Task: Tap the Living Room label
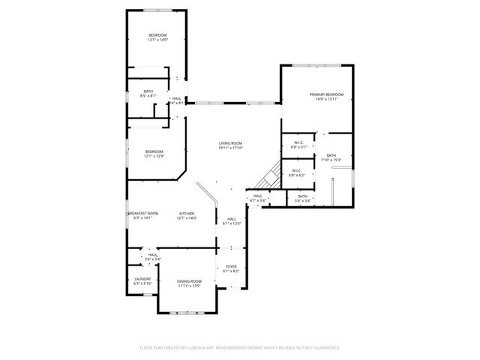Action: coord(230,143)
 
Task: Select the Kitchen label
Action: coord(186,214)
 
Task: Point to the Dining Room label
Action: coord(189,283)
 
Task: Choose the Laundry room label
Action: coord(142,280)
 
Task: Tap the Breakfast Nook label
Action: coord(142,214)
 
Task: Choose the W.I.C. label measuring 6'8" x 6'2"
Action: coord(296,172)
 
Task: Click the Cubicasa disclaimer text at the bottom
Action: coord(240,348)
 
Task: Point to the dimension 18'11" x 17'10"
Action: coord(230,147)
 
